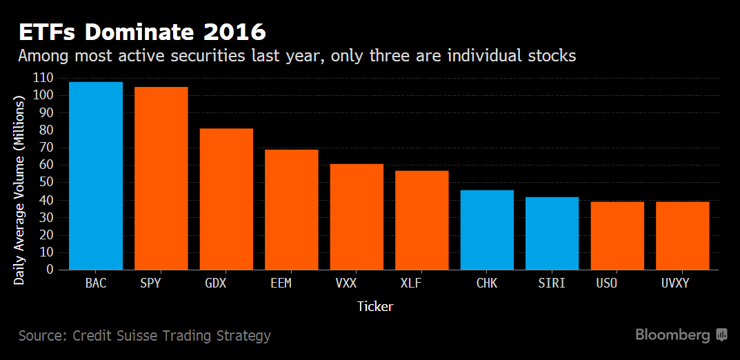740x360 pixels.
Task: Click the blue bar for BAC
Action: [96, 176]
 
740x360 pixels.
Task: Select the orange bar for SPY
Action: [161, 178]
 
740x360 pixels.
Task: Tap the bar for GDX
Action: [226, 199]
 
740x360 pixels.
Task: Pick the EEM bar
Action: [291, 210]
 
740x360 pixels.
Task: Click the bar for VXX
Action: [357, 217]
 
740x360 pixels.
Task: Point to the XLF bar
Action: [421, 220]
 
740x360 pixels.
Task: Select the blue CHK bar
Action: [487, 230]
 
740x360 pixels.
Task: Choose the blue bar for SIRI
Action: [552, 233]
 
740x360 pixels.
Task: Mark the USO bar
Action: [617, 235]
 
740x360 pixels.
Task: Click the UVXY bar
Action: [682, 235]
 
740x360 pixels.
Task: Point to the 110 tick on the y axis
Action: [43, 78]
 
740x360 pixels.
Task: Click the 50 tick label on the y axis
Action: [46, 183]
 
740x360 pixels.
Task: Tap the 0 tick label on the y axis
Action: [50, 270]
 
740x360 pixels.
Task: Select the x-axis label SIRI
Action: [552, 283]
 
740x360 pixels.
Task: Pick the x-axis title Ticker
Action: [375, 306]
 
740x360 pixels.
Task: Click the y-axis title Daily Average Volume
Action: [19, 190]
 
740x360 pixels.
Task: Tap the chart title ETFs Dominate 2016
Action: [142, 32]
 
